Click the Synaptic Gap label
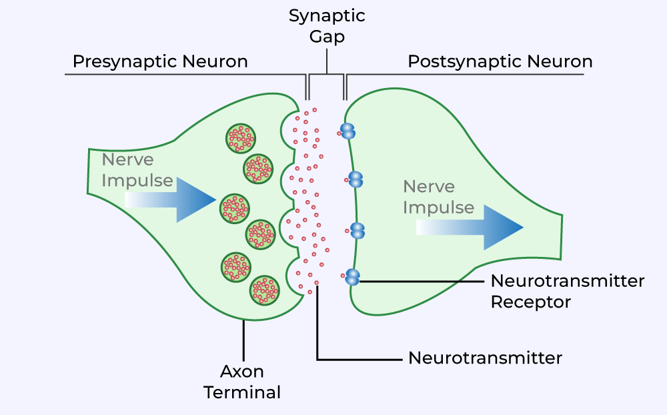coord(326,25)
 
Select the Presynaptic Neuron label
coord(160,62)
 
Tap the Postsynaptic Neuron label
coord(500,62)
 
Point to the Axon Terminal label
coord(242,382)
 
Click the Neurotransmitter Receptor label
coord(568,291)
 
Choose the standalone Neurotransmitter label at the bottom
coord(485,358)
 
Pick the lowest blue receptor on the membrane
coord(352,276)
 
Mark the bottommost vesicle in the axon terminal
coord(264,290)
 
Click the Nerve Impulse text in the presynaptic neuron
coord(137,171)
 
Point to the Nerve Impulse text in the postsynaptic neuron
coord(438,197)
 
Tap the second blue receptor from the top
coord(356,179)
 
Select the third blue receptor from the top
coord(358,230)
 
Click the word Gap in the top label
coord(327,36)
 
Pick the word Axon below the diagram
coord(242,371)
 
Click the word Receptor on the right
coord(531,302)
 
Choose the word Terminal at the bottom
coord(242,392)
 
